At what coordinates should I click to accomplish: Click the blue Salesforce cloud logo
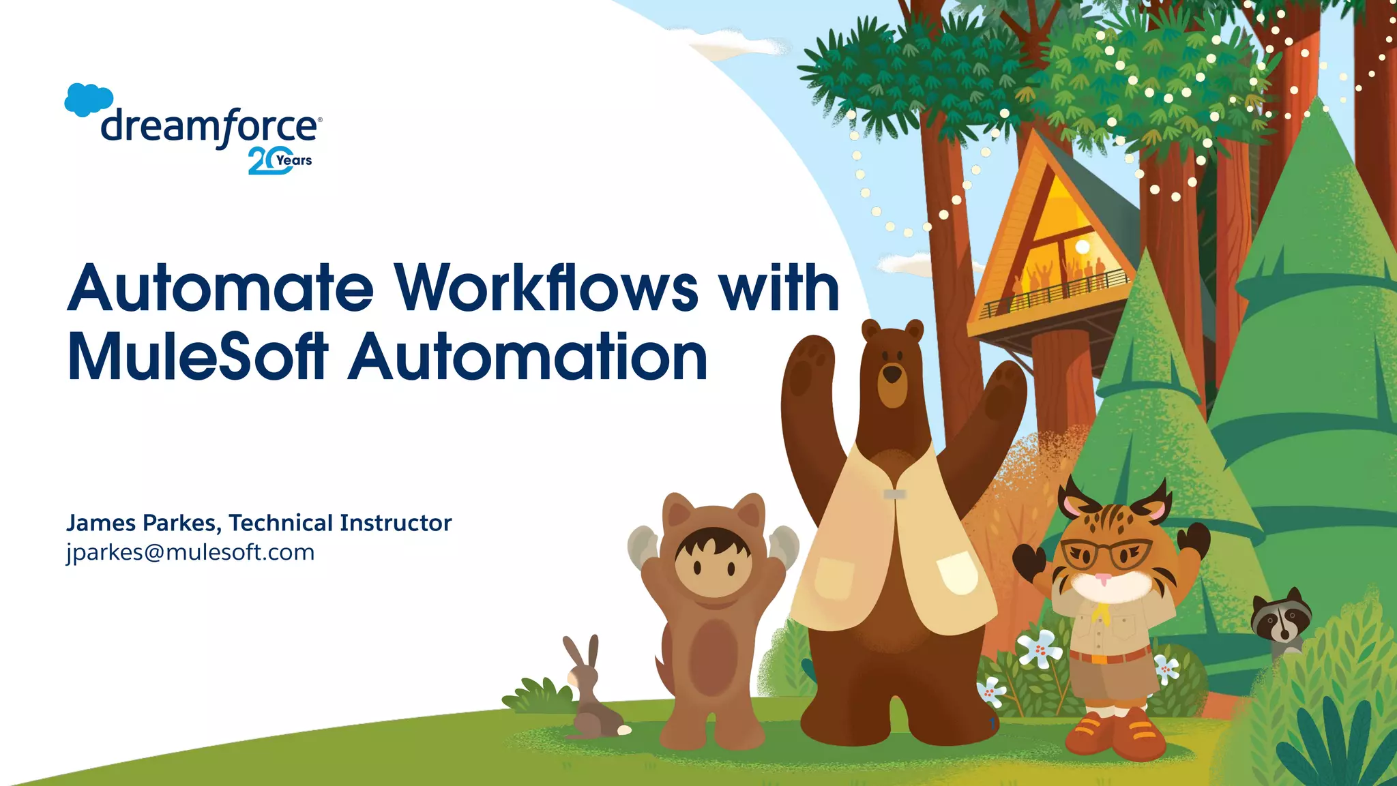(x=89, y=100)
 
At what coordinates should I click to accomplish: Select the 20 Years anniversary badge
(x=280, y=161)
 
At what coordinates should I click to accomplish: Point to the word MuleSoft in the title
(x=198, y=357)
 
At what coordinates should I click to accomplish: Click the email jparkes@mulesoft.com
(x=190, y=552)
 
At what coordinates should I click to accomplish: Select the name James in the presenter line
(x=101, y=523)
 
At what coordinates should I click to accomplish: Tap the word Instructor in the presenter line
(x=396, y=523)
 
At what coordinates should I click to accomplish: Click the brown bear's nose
(x=892, y=374)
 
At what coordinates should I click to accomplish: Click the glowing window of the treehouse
(x=1064, y=239)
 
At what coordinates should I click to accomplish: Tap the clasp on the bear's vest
(x=894, y=494)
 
